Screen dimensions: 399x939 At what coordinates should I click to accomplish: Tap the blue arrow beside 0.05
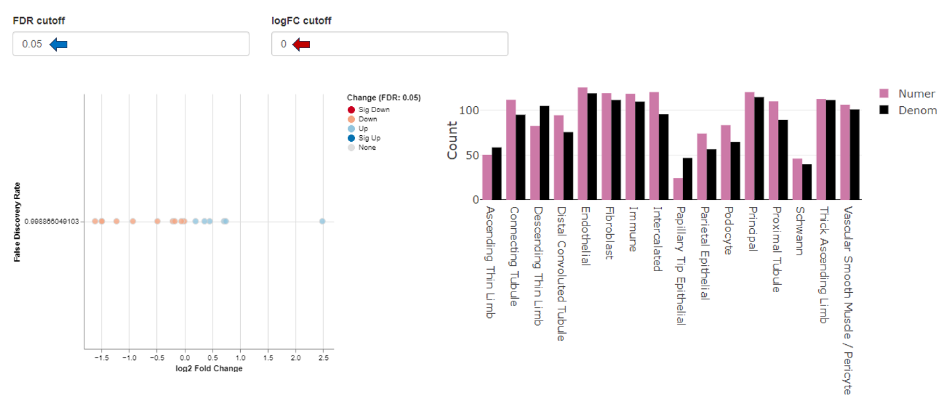click(x=59, y=44)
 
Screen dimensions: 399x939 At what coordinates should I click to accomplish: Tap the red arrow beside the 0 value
click(x=302, y=44)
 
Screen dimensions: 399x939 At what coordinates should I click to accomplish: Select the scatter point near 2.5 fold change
click(x=322, y=222)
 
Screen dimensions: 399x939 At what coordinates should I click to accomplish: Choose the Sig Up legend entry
click(x=370, y=138)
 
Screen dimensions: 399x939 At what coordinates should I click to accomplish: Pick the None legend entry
click(x=367, y=148)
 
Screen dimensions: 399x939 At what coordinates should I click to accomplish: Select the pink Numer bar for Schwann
click(x=797, y=179)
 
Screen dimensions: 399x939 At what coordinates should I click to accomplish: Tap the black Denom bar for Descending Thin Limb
click(x=544, y=153)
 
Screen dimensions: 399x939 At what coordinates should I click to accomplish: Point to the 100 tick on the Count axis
click(x=469, y=110)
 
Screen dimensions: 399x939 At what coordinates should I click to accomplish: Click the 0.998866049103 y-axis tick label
click(x=51, y=222)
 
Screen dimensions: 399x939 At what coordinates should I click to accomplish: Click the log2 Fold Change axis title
click(x=209, y=368)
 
